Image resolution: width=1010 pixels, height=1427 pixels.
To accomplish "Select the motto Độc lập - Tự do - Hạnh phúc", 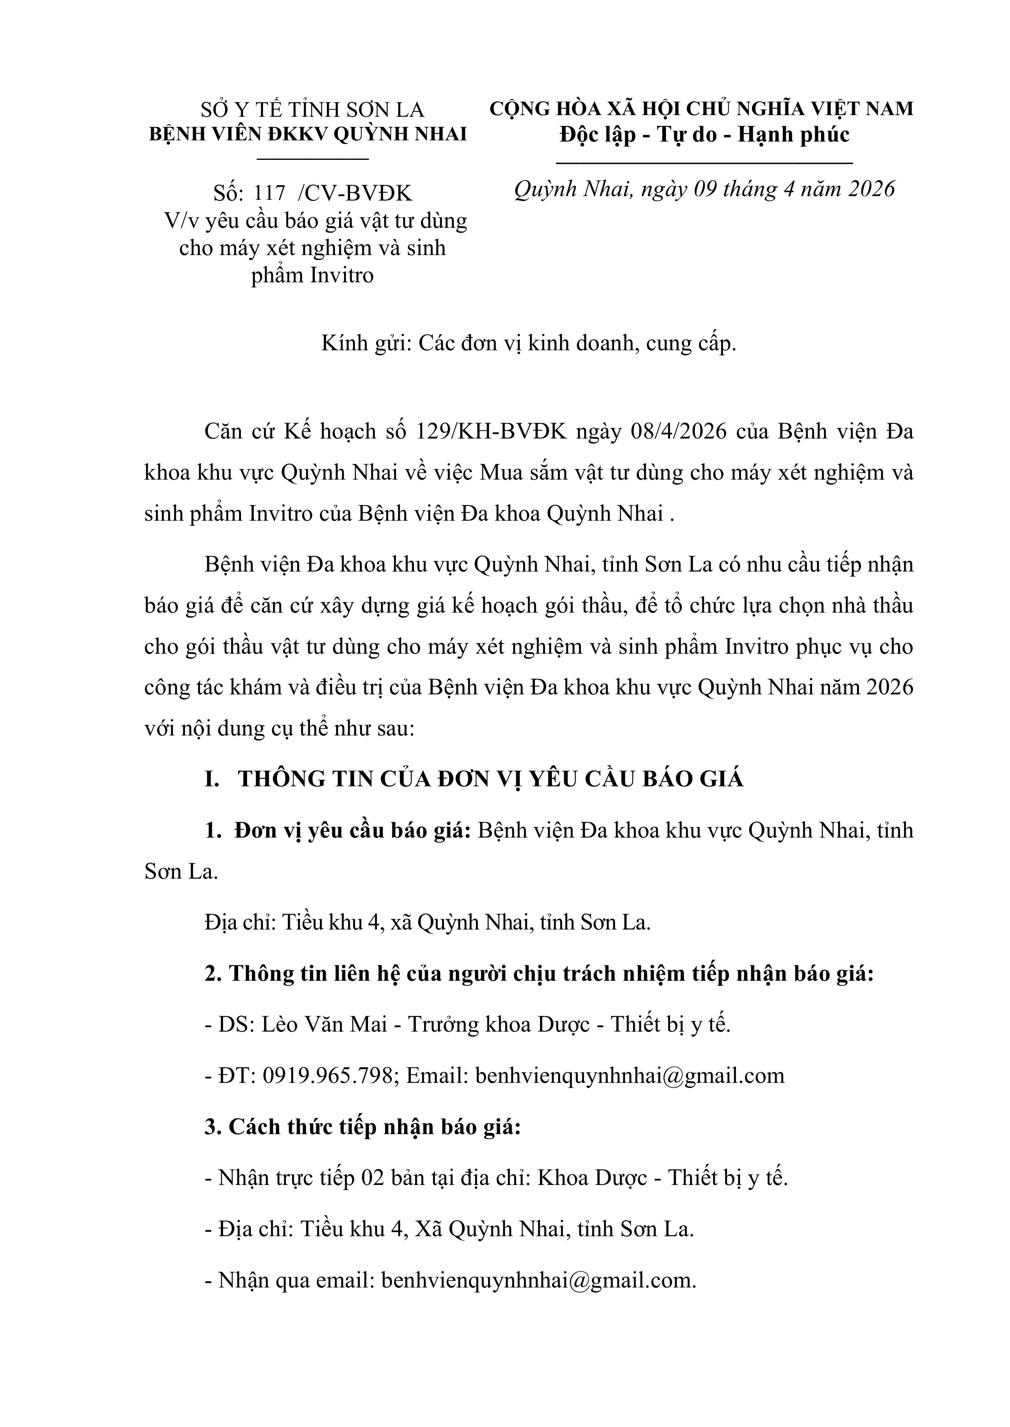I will (x=704, y=135).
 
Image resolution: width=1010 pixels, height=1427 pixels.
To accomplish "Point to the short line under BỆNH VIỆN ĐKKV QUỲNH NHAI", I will (x=313, y=159).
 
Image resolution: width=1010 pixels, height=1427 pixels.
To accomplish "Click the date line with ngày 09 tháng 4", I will (x=704, y=189).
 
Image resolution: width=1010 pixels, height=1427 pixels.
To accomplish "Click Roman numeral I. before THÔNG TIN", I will (x=212, y=779).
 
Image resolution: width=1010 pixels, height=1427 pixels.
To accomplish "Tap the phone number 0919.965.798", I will (x=330, y=1076).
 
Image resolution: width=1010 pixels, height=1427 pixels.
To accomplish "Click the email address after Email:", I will (x=629, y=1076).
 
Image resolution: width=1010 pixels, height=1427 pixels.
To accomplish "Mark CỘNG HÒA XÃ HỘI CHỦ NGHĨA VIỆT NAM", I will (x=701, y=109).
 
